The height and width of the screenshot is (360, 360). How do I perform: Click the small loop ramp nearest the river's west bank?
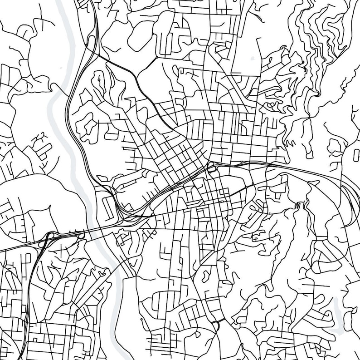point(82,233)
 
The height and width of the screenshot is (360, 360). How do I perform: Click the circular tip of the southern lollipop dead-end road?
point(142,320)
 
